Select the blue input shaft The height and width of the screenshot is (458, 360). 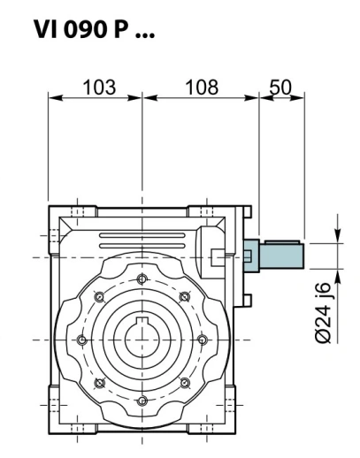tap(280, 256)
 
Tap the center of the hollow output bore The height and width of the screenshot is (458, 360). tap(142, 340)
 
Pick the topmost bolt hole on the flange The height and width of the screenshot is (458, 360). tap(142, 279)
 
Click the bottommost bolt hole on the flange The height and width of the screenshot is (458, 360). tap(142, 401)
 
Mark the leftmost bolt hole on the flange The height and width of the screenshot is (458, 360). tap(81, 340)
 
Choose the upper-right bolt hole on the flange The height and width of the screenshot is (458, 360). tap(184, 296)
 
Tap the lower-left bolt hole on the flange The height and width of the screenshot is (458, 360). tap(99, 383)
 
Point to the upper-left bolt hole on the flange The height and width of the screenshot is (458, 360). tap(99, 296)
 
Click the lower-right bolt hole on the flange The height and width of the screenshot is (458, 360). tap(184, 383)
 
